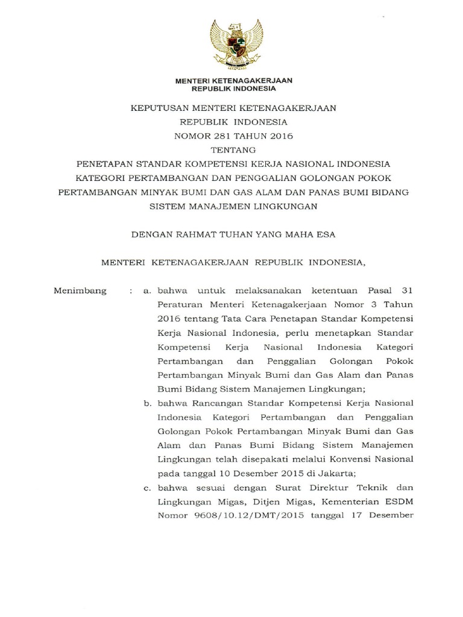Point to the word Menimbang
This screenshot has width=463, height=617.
pyautogui.click(x=80, y=290)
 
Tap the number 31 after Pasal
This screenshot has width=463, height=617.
pyautogui.click(x=406, y=290)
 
